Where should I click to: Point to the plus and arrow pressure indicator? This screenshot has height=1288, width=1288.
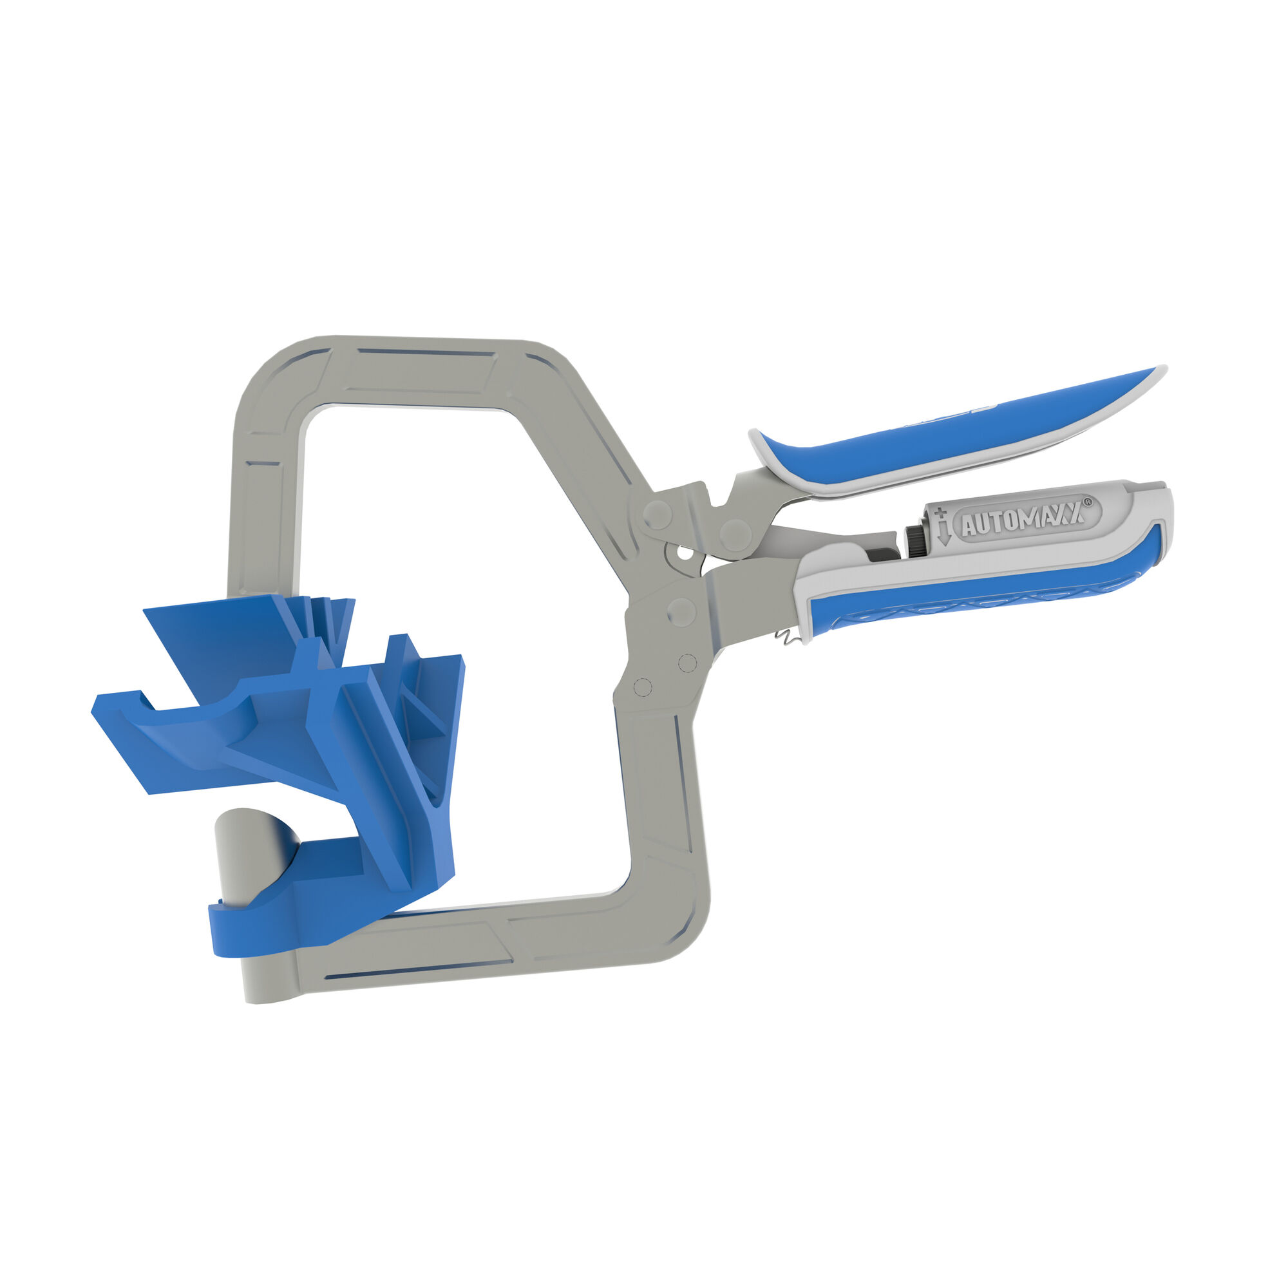942,526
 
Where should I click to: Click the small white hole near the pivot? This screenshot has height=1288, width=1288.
682,552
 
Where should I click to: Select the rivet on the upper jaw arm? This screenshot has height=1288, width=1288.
658,513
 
